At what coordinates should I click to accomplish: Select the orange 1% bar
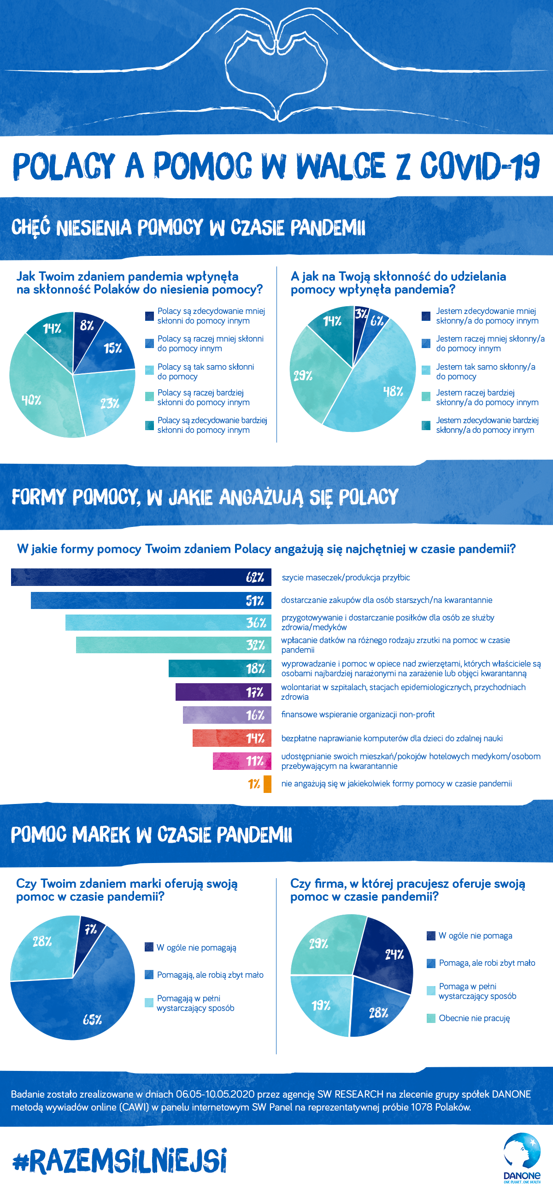tap(267, 784)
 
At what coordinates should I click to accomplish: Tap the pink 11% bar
tap(241, 761)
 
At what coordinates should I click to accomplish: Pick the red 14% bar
tap(232, 738)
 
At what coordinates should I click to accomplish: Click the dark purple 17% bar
tap(223, 692)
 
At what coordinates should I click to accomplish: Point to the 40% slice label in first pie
tap(31, 400)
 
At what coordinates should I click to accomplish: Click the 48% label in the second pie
tap(393, 392)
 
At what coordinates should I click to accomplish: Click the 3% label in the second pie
tap(361, 314)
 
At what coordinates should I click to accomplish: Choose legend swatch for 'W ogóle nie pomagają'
tap(149, 947)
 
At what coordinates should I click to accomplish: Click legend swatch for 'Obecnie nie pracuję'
tap(431, 1018)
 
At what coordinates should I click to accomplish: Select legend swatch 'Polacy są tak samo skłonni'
tap(149, 370)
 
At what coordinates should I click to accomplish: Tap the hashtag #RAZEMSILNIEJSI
tap(120, 1160)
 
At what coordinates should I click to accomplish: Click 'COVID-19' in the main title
tap(479, 166)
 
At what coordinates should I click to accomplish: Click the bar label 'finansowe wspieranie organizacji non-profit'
tap(358, 714)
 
